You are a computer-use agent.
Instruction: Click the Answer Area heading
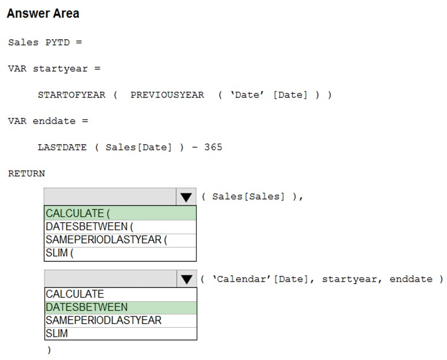[x=43, y=13]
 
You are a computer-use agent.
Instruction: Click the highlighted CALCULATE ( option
[x=121, y=213]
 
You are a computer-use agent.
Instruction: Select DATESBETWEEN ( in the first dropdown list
[x=89, y=227]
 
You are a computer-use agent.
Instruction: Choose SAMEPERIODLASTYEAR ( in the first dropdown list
[x=106, y=239]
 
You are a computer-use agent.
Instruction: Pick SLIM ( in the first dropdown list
[x=59, y=253]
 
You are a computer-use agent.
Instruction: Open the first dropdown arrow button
[x=186, y=197]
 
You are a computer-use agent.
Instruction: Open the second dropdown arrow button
[x=186, y=279]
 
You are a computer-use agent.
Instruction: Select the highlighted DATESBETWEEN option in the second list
[x=121, y=307]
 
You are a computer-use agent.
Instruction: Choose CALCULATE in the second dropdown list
[x=75, y=294]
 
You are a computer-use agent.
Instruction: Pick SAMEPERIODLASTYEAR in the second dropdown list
[x=103, y=320]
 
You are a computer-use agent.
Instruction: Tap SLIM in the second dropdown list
[x=57, y=333]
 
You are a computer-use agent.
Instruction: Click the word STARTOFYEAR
[x=72, y=95]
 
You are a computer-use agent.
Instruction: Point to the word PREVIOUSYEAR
[x=167, y=95]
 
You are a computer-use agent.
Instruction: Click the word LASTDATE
[x=62, y=147]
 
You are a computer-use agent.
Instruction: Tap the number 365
[x=213, y=147]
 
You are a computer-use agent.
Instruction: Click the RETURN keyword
[x=27, y=174]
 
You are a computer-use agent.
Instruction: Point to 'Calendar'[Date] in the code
[x=260, y=279]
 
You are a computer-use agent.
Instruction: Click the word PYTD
[x=58, y=42]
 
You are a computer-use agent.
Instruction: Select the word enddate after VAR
[x=54, y=121]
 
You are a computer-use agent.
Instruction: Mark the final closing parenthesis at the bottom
[x=50, y=350]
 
